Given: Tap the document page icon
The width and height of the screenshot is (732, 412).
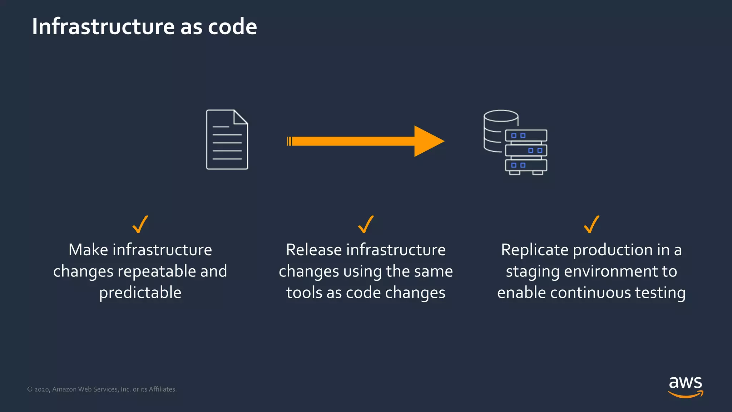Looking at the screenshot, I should (227, 143).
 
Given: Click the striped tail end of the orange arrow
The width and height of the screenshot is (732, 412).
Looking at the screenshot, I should (289, 141).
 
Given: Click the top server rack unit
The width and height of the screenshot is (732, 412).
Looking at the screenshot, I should (526, 136).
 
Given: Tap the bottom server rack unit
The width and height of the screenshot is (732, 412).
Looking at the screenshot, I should (526, 165).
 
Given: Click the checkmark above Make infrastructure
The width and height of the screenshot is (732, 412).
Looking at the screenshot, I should (140, 225).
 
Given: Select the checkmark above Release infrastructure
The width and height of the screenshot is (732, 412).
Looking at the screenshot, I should (366, 225).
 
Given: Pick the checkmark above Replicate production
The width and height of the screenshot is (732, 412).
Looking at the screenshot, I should (591, 225).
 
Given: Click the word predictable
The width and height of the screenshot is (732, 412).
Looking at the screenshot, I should (140, 293).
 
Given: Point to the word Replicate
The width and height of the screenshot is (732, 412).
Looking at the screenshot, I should (534, 250).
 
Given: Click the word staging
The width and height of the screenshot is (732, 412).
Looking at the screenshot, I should (533, 271).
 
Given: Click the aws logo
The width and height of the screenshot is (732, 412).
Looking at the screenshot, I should (685, 386).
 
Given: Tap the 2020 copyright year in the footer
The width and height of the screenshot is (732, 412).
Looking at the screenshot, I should (42, 389).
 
